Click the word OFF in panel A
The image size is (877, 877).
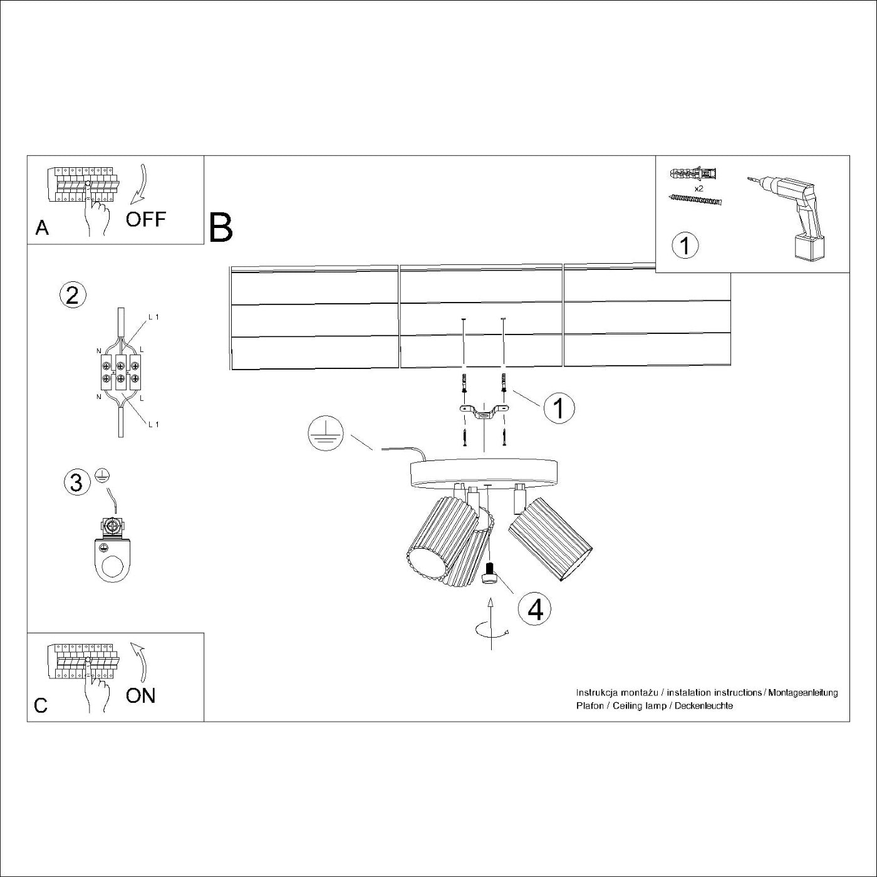pos(145,219)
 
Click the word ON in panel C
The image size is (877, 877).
pos(140,695)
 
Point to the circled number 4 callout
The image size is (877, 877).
pos(535,609)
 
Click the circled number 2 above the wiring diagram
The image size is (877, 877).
pos(73,294)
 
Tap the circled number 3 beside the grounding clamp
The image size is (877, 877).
pos(76,483)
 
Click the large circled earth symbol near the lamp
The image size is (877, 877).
pos(325,435)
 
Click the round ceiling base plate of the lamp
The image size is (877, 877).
pos(483,473)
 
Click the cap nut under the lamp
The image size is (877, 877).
pos(490,574)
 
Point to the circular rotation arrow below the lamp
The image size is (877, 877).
pos(492,631)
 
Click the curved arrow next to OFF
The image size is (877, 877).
pos(140,184)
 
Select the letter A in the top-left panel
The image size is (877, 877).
pos(42,228)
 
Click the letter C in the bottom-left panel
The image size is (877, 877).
pos(41,705)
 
